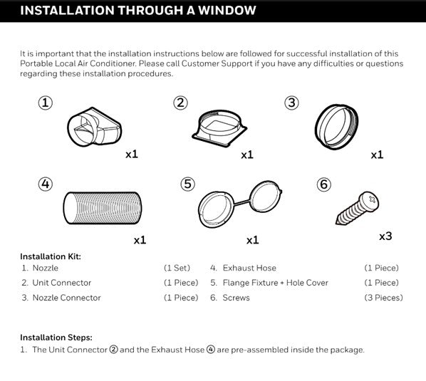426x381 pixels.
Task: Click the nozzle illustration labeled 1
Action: tap(94, 127)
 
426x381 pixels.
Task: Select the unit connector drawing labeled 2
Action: tap(219, 128)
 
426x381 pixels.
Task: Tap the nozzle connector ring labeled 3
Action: tap(336, 127)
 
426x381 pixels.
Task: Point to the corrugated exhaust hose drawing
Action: tap(103, 208)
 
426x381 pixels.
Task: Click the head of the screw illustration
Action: tap(369, 201)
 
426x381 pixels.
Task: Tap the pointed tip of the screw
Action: tap(337, 223)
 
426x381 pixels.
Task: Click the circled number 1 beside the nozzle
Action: tap(46, 103)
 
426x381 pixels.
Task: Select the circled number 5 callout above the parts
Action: tap(188, 184)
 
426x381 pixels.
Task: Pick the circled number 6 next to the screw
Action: tap(324, 184)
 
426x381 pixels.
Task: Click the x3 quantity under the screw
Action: tap(385, 236)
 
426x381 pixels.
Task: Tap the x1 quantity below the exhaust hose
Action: tap(140, 240)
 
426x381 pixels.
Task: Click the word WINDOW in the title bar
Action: tap(227, 10)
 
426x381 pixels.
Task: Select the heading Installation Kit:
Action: tap(51, 256)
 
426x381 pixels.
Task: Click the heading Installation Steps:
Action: tap(56, 338)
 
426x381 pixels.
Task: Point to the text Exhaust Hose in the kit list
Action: tap(249, 268)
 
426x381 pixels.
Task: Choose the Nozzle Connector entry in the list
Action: tap(66, 298)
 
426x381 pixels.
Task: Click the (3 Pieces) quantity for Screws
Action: tap(384, 298)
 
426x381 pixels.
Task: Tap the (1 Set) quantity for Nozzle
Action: tap(177, 268)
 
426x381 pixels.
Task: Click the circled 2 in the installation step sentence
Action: tap(113, 349)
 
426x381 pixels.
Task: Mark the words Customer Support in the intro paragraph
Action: tap(217, 63)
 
